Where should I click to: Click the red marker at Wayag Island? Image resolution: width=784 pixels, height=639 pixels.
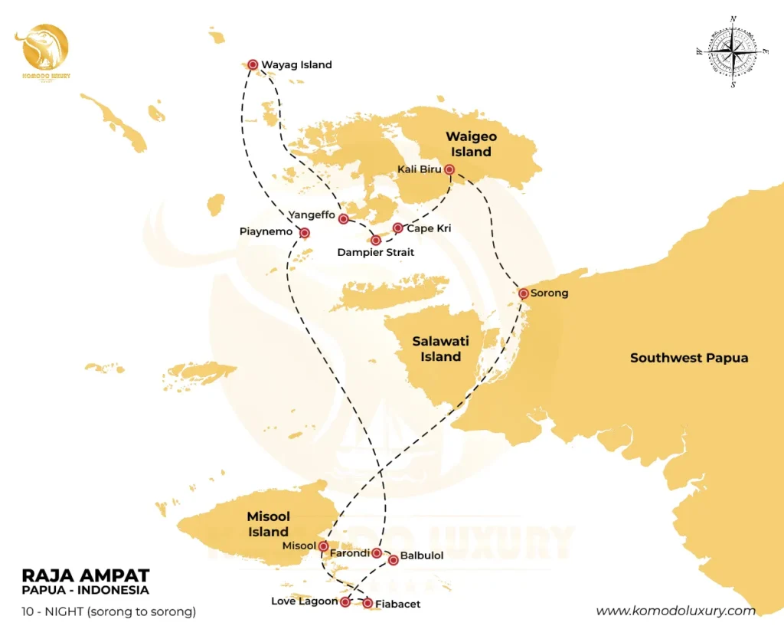click(252, 65)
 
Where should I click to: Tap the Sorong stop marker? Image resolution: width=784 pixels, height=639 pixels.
click(523, 293)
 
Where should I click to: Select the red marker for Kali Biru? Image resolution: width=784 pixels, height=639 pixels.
click(449, 169)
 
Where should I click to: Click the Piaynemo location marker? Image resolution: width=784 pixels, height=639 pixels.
click(305, 233)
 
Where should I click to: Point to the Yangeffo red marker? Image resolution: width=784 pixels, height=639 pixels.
click(344, 219)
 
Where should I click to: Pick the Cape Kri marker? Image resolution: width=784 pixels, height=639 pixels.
click(398, 228)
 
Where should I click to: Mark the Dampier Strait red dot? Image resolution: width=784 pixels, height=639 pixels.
click(376, 241)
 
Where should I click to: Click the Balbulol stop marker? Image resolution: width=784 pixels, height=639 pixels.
click(394, 560)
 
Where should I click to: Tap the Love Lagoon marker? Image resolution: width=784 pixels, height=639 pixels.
click(345, 603)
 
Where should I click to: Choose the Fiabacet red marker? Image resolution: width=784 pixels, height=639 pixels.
click(368, 605)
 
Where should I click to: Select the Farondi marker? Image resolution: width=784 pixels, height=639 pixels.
click(377, 552)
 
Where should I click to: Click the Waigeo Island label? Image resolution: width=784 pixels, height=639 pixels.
click(471, 144)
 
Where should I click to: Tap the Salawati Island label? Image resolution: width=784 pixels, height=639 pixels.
click(440, 349)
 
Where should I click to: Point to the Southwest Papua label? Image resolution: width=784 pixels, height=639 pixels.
click(688, 358)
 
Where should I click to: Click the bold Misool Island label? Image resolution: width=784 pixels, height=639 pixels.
click(268, 524)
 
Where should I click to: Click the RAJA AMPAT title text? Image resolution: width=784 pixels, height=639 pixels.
click(85, 575)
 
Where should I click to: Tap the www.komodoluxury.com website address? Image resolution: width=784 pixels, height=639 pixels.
click(675, 611)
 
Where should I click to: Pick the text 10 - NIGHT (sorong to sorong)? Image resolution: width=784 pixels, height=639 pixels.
click(109, 611)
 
